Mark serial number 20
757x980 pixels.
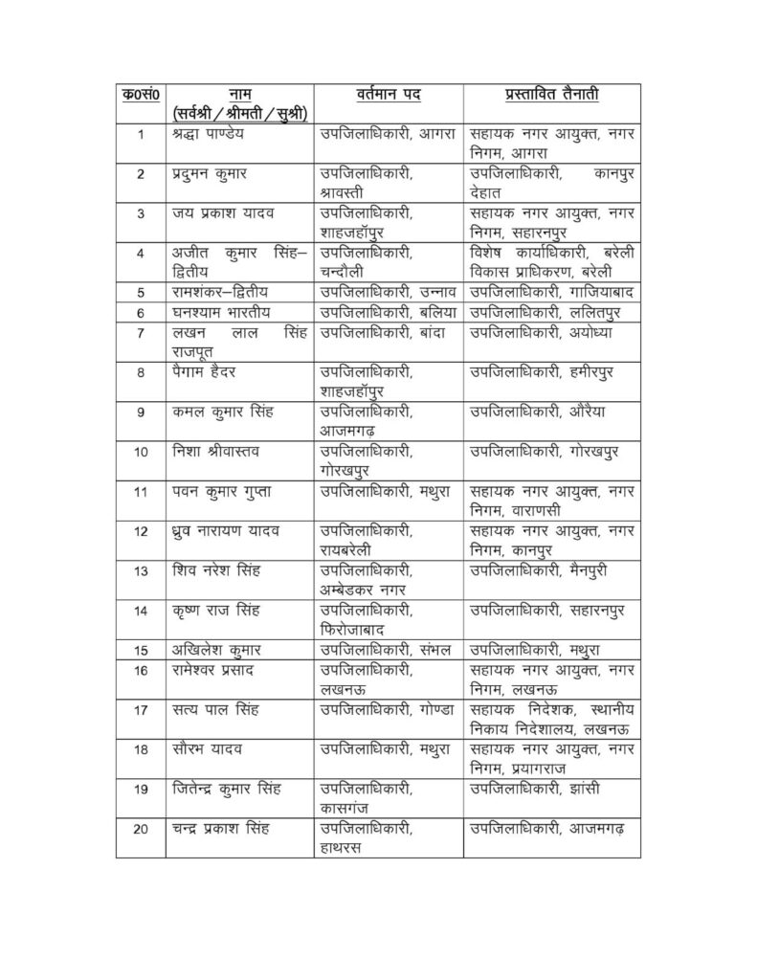[x=140, y=829]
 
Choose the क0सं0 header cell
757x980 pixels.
[x=140, y=95]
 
